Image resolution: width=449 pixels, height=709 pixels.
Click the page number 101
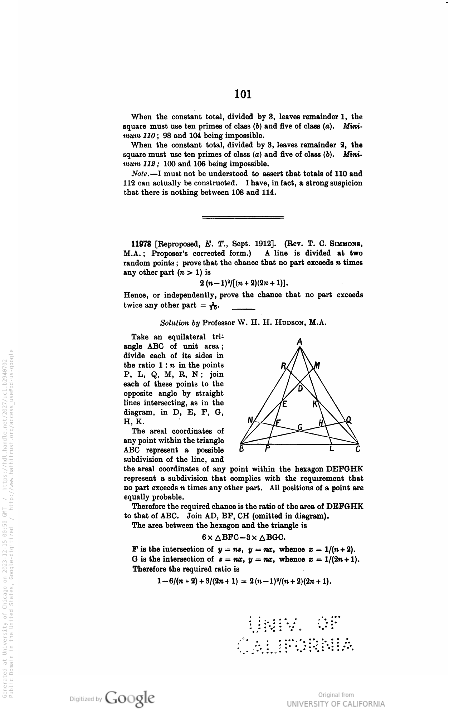(243, 94)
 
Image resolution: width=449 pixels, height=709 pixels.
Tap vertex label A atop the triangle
(300, 342)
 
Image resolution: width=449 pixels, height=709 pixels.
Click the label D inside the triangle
(301, 388)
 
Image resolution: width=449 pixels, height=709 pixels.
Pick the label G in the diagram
(300, 427)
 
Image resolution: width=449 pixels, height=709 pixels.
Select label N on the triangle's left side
(250, 420)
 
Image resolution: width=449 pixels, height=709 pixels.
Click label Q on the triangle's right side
(348, 421)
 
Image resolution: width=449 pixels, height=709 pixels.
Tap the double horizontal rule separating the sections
(243, 217)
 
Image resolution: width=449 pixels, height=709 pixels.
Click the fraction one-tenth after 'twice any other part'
(213, 306)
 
